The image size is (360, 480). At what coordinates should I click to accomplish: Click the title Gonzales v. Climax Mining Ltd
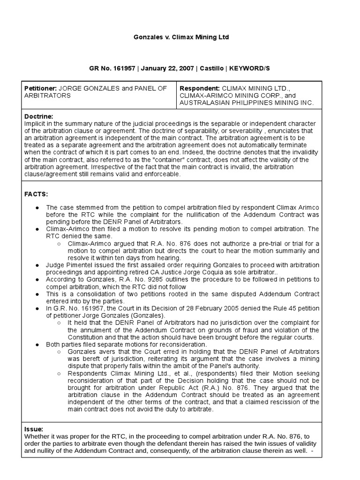180,37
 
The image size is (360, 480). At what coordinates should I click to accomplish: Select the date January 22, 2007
167,68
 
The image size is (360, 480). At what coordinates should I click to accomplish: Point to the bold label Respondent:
200,88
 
